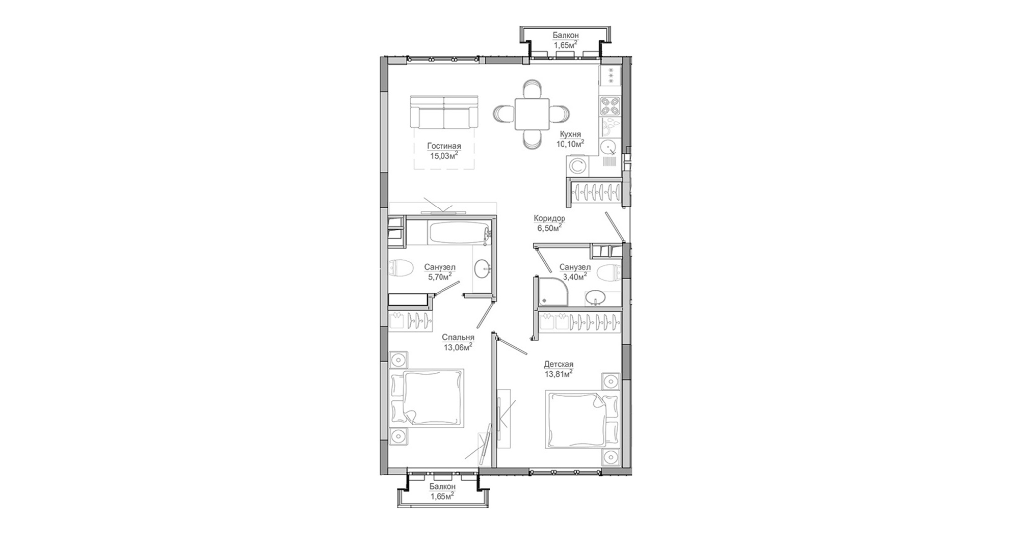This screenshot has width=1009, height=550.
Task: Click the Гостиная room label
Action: [x=444, y=147]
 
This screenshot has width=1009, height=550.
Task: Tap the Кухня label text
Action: [x=570, y=134]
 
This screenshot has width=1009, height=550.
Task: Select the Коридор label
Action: [x=549, y=218]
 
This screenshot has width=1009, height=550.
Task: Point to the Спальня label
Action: [x=458, y=337]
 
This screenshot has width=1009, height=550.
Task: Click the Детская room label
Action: [x=559, y=364]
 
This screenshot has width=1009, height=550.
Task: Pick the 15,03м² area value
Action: [x=444, y=156]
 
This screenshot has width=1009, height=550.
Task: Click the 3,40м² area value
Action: [x=574, y=277]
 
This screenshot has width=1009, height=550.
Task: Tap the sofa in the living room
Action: [x=444, y=112]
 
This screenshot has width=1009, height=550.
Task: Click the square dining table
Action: [x=532, y=115]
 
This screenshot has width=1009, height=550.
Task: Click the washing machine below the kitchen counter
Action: [x=578, y=166]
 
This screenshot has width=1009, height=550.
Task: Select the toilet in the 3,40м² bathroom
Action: [x=608, y=272]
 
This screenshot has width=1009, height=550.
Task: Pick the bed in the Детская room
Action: [x=582, y=420]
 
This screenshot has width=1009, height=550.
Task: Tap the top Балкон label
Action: [x=566, y=35]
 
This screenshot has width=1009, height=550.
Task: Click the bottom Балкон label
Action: [x=442, y=487]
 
